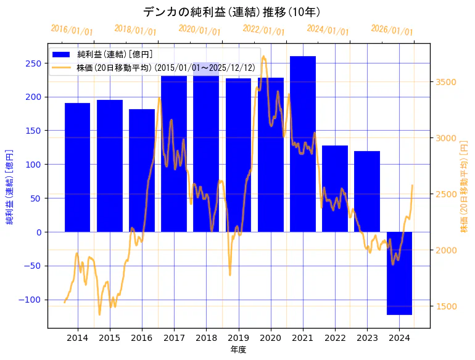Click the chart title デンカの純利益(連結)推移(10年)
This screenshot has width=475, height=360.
[x=231, y=12]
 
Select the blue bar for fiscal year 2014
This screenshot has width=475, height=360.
[x=77, y=167]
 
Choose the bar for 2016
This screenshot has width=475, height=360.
[x=142, y=170]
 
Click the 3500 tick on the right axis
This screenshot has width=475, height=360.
[x=447, y=82]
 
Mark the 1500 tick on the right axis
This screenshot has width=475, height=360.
[x=447, y=306]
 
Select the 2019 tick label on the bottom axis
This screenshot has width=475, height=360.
[x=239, y=338]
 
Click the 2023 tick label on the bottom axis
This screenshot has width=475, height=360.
[x=367, y=338]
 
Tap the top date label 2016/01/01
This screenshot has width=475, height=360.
[x=72, y=30]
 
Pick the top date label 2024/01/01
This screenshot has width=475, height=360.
[x=328, y=30]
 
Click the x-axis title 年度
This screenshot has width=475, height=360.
[x=238, y=350]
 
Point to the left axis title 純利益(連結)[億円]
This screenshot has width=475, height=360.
[x=10, y=186]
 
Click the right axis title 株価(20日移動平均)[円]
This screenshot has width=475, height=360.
[x=464, y=186]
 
